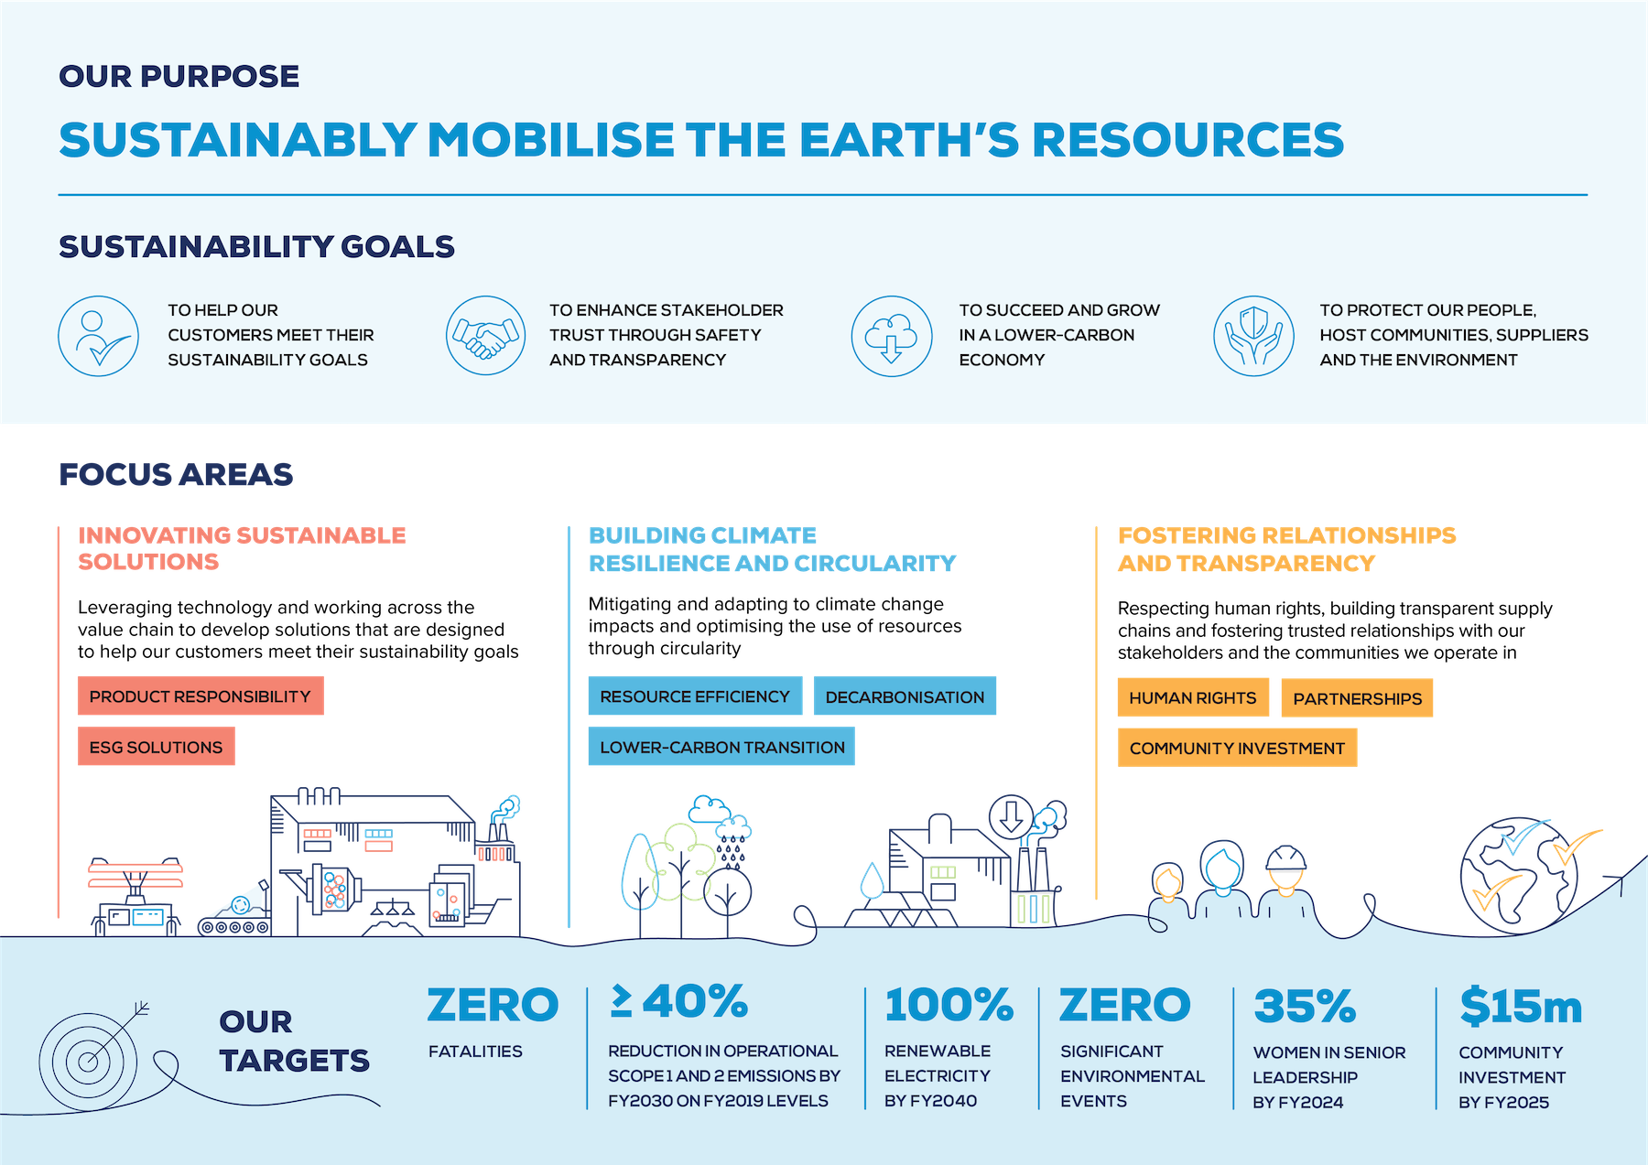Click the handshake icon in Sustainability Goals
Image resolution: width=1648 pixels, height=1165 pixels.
point(485,335)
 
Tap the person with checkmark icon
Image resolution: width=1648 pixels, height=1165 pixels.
point(99,336)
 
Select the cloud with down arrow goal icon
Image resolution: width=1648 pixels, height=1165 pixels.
point(892,336)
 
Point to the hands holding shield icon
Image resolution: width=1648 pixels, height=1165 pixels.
point(1253,336)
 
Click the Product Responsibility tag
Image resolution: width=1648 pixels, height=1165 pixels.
point(201,696)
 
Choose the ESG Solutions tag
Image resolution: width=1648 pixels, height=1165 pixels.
point(157,747)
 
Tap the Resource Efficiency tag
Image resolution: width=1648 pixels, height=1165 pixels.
point(695,696)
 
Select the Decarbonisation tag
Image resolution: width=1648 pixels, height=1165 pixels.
point(905,696)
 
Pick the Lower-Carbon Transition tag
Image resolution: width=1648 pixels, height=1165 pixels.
point(721,747)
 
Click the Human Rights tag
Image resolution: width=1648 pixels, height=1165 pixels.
point(1193,697)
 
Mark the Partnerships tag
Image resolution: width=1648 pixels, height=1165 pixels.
point(1357,698)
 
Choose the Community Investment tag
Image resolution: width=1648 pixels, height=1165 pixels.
point(1237,748)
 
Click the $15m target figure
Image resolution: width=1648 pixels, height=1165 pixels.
point(1521,1007)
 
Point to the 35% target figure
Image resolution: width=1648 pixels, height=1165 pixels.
point(1305,1007)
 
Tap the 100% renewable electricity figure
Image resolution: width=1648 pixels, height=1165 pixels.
point(949,1005)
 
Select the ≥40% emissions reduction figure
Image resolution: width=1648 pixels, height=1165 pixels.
point(679,1002)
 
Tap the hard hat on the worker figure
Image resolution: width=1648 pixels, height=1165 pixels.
point(1285,858)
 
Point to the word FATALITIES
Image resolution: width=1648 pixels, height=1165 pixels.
point(475,1052)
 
